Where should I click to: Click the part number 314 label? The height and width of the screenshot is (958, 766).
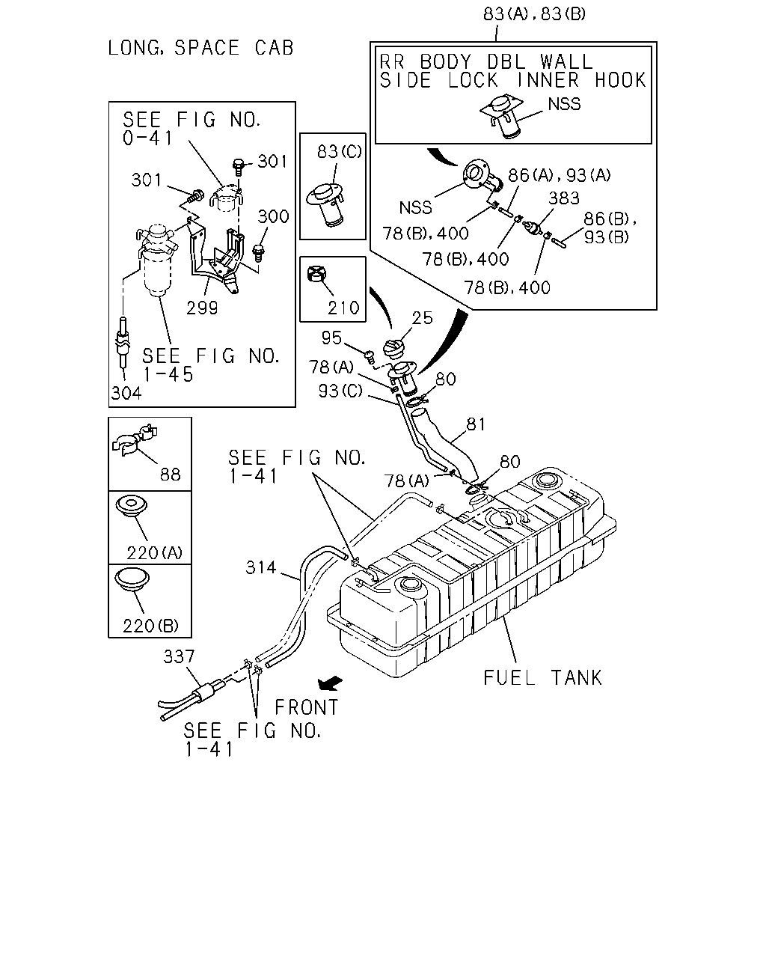pyautogui.click(x=261, y=567)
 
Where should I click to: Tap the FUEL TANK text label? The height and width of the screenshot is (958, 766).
pyautogui.click(x=542, y=678)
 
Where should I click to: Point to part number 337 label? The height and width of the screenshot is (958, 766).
pyautogui.click(x=179, y=656)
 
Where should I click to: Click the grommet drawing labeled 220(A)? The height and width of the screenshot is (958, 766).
pyautogui.click(x=131, y=507)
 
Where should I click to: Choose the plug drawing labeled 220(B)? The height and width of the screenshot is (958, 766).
pyautogui.click(x=132, y=579)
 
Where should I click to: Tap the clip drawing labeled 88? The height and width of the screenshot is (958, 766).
pyautogui.click(x=134, y=439)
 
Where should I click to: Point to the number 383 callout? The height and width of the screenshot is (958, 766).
pyautogui.click(x=563, y=198)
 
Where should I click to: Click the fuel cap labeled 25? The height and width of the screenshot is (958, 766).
pyautogui.click(x=394, y=349)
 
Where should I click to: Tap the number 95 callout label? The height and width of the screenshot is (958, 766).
pyautogui.click(x=331, y=338)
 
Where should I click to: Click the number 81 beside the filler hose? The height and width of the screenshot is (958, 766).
pyautogui.click(x=476, y=424)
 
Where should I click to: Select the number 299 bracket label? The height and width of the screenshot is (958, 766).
pyautogui.click(x=202, y=308)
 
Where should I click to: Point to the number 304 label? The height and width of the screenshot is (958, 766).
pyautogui.click(x=126, y=393)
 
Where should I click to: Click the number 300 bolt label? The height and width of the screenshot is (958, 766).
pyautogui.click(x=273, y=217)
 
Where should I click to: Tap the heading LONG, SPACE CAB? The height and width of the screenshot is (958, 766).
pyautogui.click(x=200, y=48)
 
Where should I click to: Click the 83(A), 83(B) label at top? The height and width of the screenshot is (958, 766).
pyautogui.click(x=534, y=14)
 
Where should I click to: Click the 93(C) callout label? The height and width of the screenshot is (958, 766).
pyautogui.click(x=340, y=391)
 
